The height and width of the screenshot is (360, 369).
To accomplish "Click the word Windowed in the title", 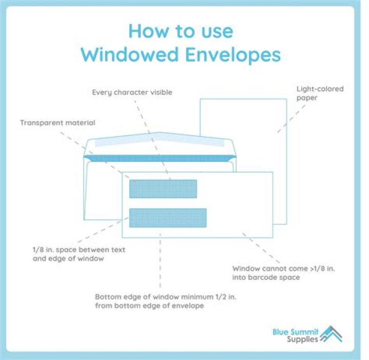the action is (x=130, y=54).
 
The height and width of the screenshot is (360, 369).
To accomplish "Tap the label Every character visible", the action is (x=132, y=92).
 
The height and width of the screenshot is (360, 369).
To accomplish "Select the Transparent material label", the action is (x=57, y=123).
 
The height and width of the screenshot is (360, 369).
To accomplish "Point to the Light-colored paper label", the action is (x=320, y=93).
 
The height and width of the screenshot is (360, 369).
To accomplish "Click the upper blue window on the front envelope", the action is (x=163, y=189).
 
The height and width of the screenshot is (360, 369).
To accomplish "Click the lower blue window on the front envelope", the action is (x=168, y=218).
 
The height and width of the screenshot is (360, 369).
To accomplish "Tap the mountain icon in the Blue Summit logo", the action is (x=332, y=334).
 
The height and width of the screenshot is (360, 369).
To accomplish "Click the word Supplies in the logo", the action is (x=302, y=340).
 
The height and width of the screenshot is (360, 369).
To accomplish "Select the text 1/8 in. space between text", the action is (x=79, y=250).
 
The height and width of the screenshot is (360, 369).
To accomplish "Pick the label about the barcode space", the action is (x=283, y=273).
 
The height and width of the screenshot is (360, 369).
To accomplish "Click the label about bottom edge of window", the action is (x=166, y=301).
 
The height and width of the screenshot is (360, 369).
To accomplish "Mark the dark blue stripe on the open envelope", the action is (x=160, y=158).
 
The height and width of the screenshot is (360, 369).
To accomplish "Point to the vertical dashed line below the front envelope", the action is (x=160, y=261).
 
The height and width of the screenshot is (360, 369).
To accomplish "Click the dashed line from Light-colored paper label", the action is (x=291, y=119).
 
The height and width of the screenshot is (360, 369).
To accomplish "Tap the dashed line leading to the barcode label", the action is (x=261, y=248).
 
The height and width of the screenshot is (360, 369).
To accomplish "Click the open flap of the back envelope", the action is (x=160, y=144).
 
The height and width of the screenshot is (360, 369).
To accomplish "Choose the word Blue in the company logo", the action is (x=280, y=332).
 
